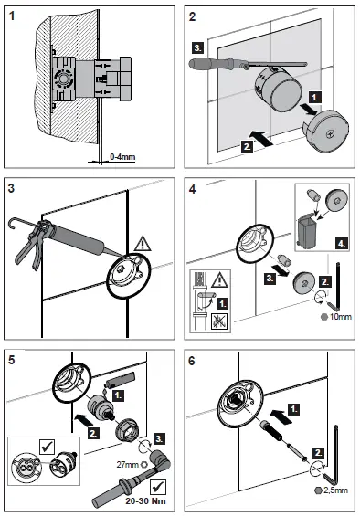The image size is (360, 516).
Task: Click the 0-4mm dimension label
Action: pos(121,157)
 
